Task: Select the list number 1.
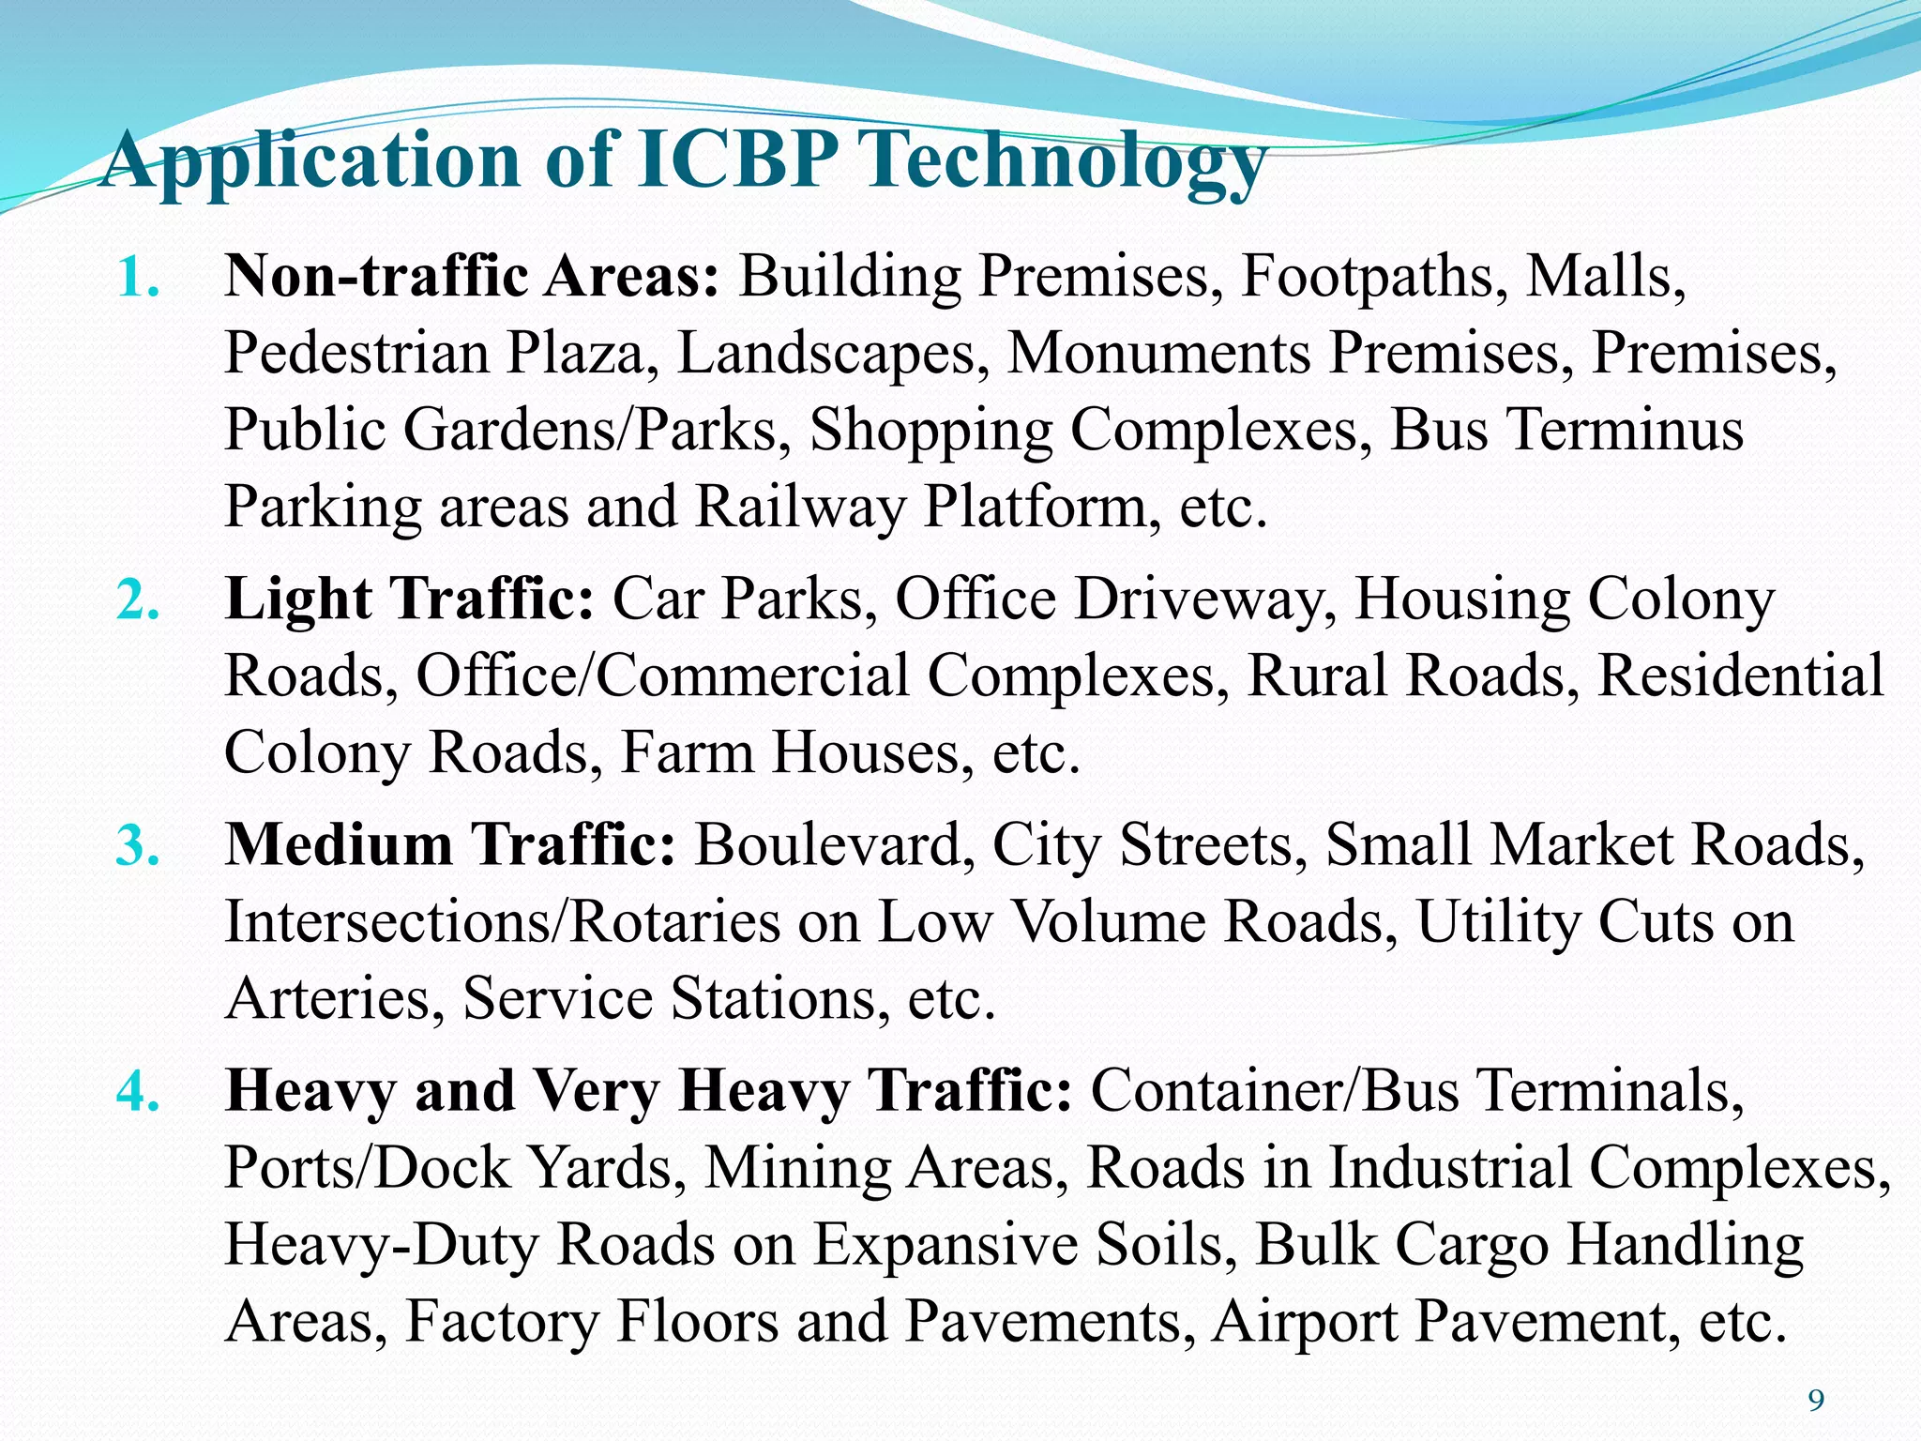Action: pos(137,279)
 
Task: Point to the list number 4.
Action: pos(137,1092)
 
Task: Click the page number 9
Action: pos(1816,1402)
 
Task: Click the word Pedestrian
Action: pos(356,355)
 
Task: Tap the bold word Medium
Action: pos(339,845)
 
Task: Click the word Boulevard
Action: pos(828,845)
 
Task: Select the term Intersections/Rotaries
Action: pos(503,922)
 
